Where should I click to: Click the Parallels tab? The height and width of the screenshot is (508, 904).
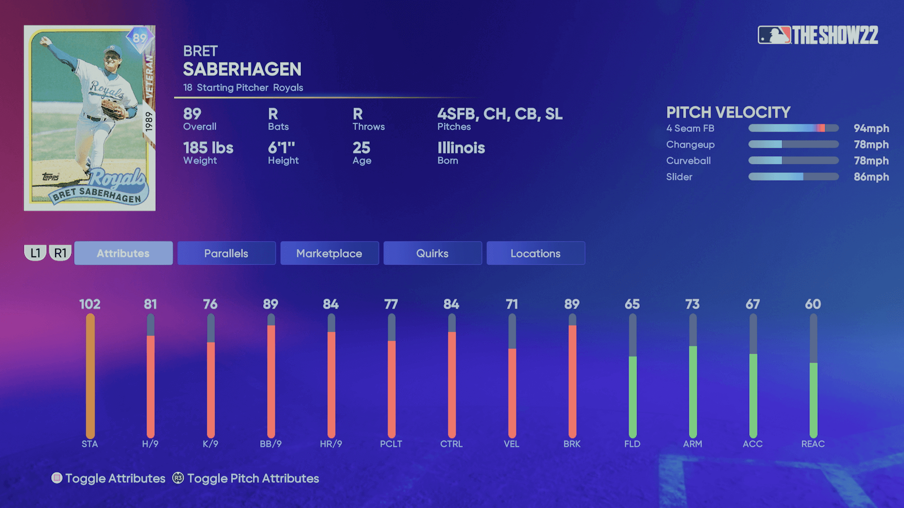coord(226,253)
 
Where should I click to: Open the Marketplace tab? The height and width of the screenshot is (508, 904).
coord(329,253)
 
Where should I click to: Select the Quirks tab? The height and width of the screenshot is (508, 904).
coord(432,253)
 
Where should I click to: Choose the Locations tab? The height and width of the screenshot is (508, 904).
coord(535,253)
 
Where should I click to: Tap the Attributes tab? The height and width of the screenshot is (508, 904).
coord(123,253)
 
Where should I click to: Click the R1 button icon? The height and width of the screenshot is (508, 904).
coord(60,253)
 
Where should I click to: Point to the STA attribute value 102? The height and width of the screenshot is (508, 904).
coord(90,304)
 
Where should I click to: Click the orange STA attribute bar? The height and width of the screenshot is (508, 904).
coord(90,376)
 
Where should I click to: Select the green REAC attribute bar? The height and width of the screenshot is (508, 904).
coord(813,400)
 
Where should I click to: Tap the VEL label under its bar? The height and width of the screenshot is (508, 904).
coord(511,444)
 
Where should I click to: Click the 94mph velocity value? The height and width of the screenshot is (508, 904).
coord(871,128)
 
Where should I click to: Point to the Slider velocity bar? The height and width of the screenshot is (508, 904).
coord(793,177)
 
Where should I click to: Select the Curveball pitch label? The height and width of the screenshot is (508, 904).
coord(688,161)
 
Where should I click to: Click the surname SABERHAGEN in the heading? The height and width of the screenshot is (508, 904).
coord(242,69)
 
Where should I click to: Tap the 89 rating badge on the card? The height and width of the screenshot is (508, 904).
coord(139,38)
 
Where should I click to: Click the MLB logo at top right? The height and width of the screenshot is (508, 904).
coord(774,35)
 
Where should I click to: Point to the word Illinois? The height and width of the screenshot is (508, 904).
coord(461,148)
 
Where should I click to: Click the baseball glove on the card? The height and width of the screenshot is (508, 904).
coord(113,110)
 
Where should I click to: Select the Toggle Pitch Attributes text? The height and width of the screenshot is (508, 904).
coord(253,478)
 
